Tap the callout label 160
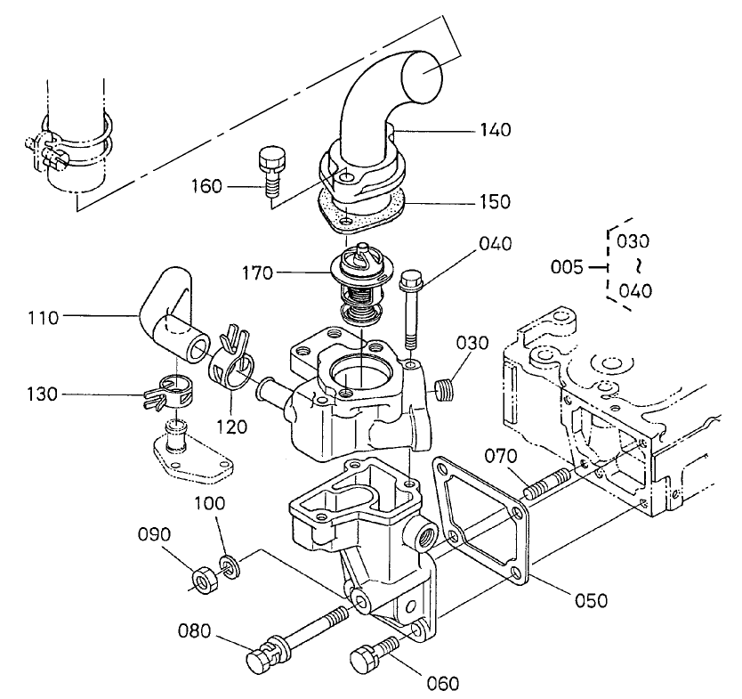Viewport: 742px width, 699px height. [207, 187]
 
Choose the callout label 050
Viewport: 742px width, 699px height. [590, 600]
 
